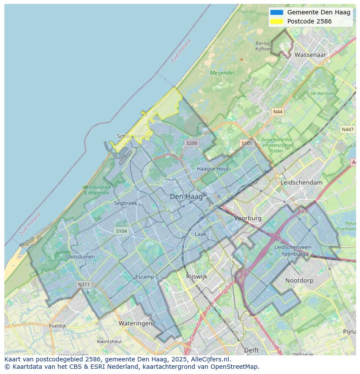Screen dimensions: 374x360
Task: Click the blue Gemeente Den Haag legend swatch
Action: [x=277, y=12]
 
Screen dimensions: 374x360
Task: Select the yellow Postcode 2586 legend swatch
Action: [x=277, y=21]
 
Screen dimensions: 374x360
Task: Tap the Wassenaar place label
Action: [x=310, y=55]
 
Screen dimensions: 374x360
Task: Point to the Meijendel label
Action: [x=222, y=73]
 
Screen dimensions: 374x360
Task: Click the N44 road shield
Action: [x=277, y=112]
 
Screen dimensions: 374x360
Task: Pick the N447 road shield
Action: [x=347, y=129]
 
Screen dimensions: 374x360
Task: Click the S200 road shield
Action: [x=191, y=143]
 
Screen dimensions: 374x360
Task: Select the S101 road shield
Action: [x=247, y=143]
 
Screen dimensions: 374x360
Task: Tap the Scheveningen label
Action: [x=134, y=136]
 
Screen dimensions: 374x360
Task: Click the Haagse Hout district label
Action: [x=213, y=169]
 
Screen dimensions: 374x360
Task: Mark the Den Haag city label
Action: [x=186, y=197]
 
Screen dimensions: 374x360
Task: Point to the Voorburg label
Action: [x=248, y=218]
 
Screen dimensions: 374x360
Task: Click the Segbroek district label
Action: [x=125, y=203]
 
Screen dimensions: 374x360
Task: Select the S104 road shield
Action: [x=121, y=231]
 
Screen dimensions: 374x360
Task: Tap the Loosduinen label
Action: [x=80, y=257]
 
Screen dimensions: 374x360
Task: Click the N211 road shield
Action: [x=83, y=285]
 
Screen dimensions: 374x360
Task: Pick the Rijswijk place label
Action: [x=197, y=276]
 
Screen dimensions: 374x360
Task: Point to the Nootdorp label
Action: [x=299, y=281]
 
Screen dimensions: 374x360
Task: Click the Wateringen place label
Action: [x=135, y=324]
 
